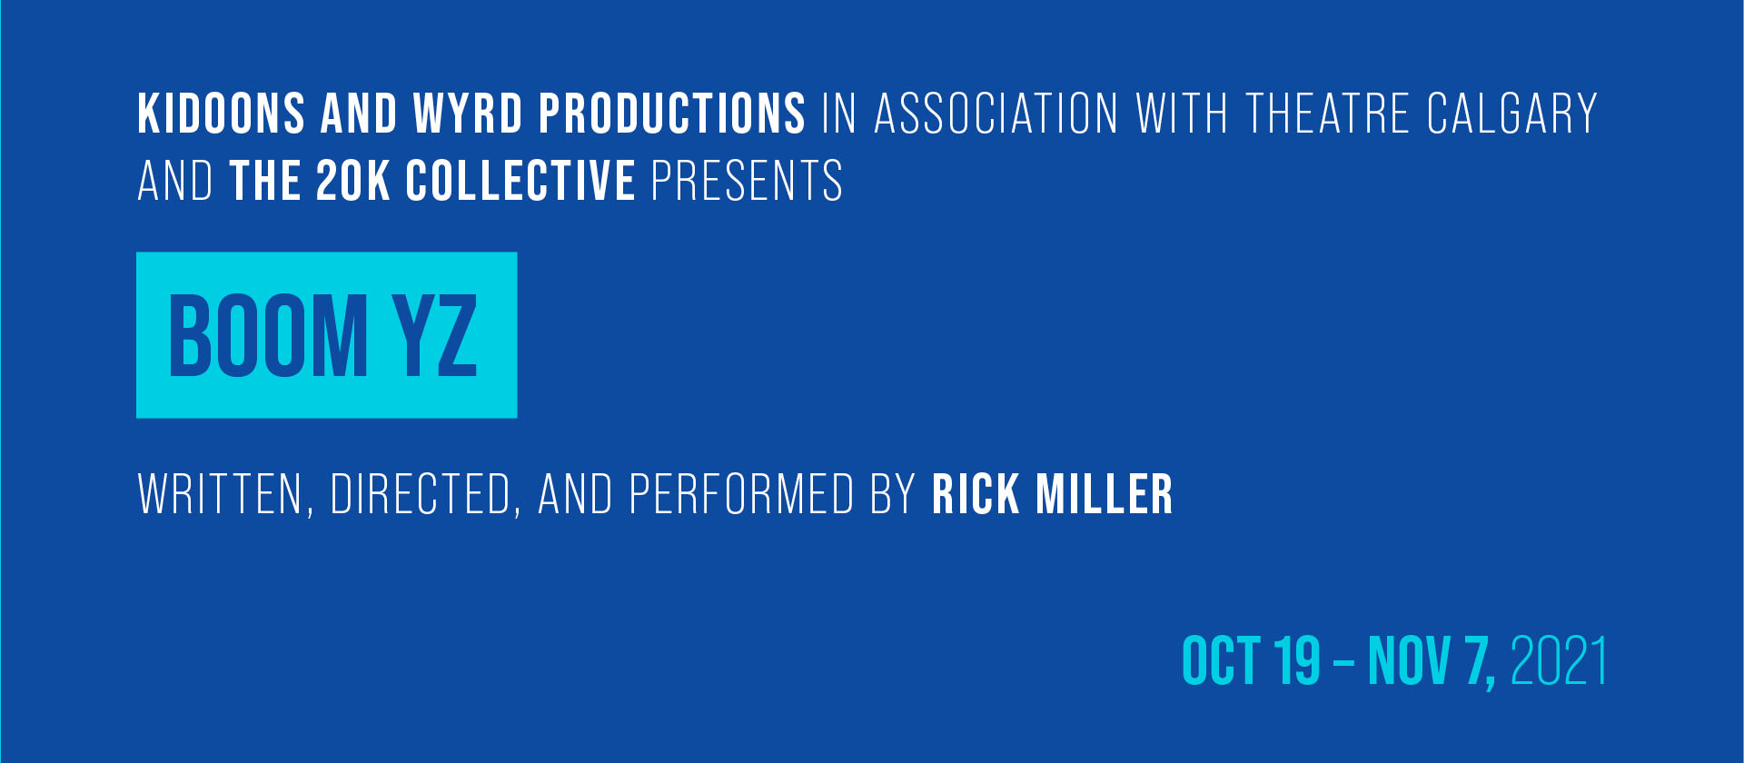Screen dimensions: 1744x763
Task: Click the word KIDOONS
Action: tap(221, 114)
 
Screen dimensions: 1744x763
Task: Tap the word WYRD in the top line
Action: tap(468, 114)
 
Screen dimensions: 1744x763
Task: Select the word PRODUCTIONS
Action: tap(672, 114)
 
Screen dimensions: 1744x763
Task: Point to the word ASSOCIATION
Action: tap(996, 114)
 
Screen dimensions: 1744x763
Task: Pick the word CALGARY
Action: tap(1511, 114)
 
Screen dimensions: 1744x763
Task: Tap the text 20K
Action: tap(353, 181)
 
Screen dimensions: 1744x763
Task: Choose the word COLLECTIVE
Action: tap(520, 181)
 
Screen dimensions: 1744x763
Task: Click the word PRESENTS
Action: tap(747, 181)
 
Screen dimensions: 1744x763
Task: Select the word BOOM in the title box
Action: tap(269, 336)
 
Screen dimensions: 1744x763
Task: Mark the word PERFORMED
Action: tap(741, 494)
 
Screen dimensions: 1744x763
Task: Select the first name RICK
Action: tap(976, 494)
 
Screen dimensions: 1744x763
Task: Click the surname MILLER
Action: tap(1105, 494)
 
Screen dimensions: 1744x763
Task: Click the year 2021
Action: tap(1559, 660)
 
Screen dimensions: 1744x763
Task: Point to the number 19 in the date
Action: tap(1297, 660)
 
